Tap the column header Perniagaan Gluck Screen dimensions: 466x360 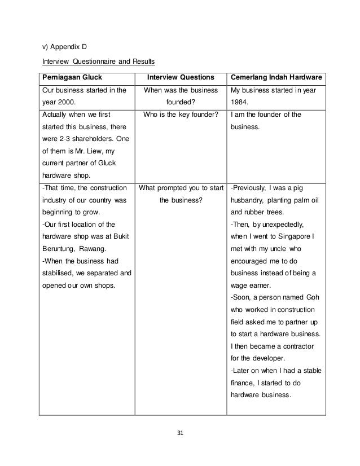[69, 77]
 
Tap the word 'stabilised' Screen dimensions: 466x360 [60, 273]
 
